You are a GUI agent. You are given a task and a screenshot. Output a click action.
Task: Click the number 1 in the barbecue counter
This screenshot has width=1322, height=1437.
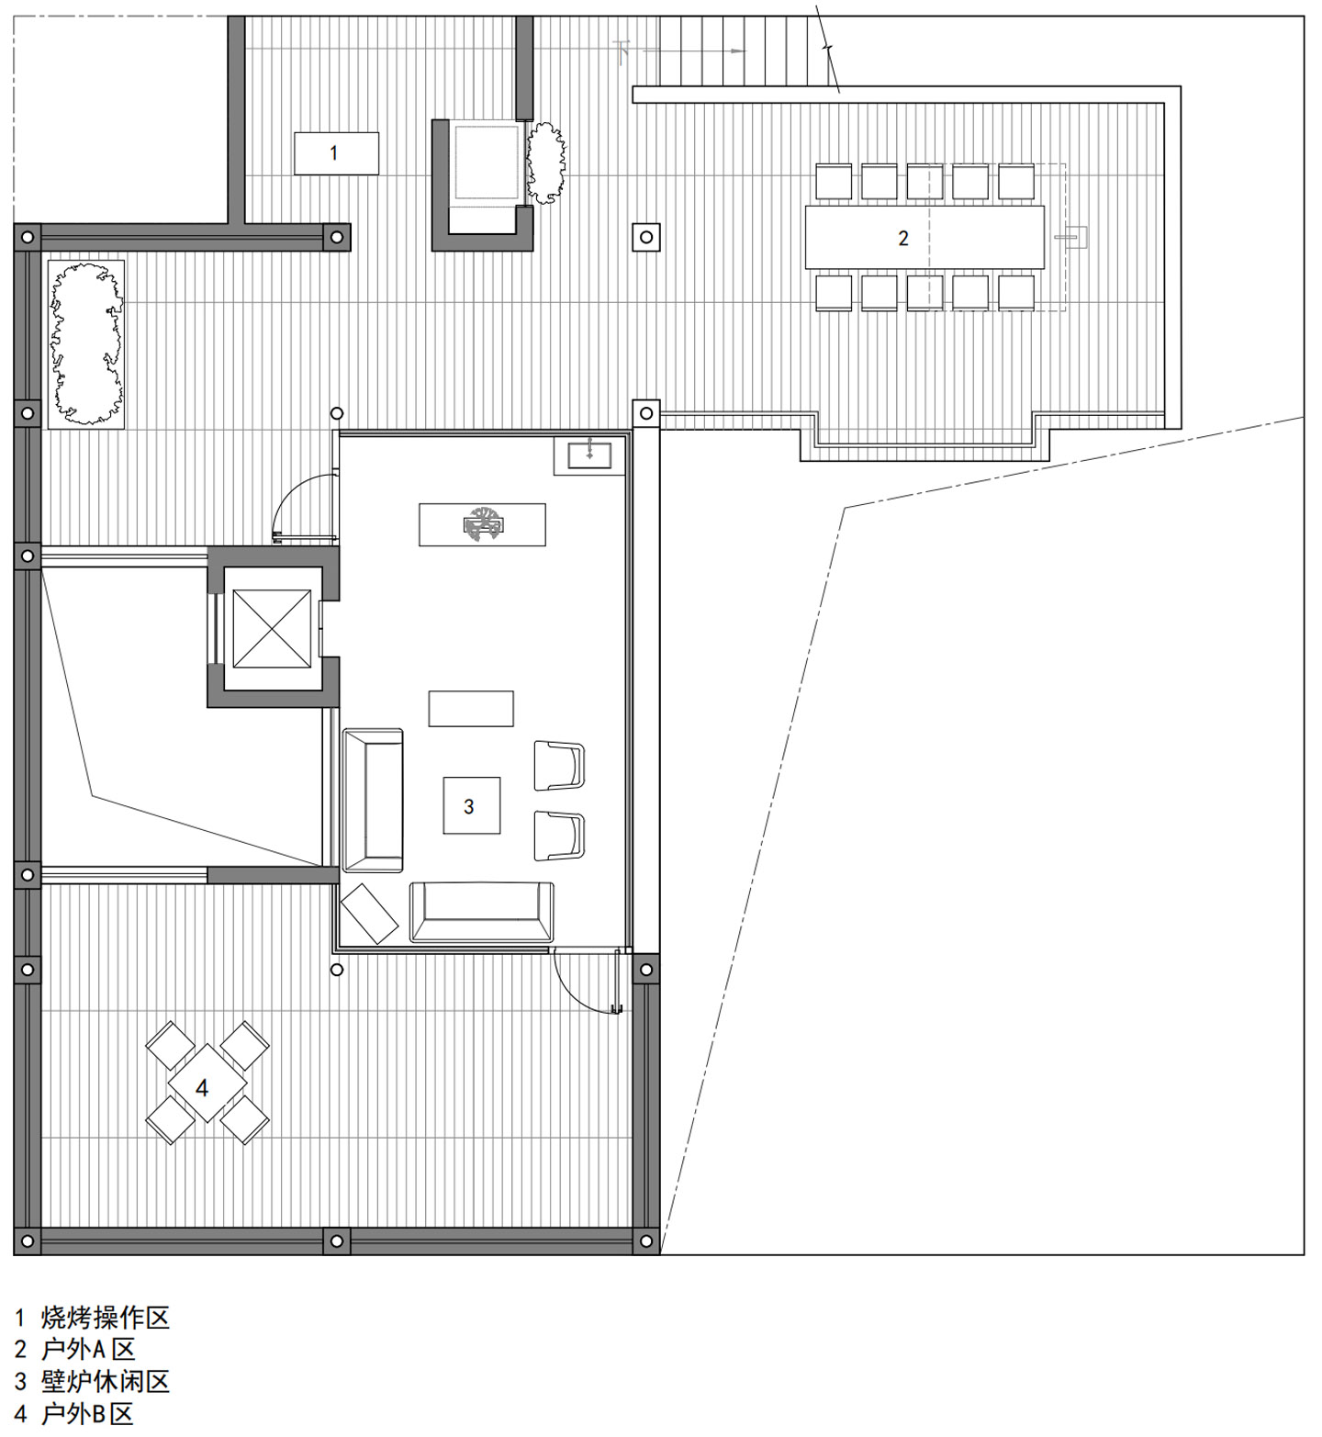point(333,153)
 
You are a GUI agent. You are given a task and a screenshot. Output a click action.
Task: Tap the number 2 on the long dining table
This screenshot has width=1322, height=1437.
point(903,239)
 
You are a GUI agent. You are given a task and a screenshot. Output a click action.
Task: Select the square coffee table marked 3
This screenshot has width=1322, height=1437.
point(472,805)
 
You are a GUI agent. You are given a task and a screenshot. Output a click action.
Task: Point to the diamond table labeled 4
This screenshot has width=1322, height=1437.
point(207,1083)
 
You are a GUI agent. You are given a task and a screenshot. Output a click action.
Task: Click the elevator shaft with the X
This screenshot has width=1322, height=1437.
point(272,629)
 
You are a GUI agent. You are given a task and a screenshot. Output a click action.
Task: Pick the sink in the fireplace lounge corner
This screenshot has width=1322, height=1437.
point(589,454)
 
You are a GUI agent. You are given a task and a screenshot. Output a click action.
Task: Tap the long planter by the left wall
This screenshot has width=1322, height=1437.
point(85,344)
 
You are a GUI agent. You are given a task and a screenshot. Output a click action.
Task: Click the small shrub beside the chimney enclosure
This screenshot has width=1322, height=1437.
point(546,163)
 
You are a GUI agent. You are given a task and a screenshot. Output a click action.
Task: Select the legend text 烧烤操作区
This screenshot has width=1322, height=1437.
point(106,1318)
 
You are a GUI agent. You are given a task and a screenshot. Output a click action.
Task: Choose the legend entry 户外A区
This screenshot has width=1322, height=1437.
point(88,1349)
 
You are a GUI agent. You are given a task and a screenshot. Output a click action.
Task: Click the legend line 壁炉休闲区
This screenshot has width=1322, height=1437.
point(106,1381)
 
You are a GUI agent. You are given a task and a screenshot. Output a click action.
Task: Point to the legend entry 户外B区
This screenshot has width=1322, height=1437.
point(88,1413)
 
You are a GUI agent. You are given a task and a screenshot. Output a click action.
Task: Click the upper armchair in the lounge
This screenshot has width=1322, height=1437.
point(559,765)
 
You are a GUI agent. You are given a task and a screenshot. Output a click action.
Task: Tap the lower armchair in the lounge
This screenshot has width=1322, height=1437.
point(559,836)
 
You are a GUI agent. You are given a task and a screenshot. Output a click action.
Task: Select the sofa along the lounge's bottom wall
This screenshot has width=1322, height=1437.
point(482,913)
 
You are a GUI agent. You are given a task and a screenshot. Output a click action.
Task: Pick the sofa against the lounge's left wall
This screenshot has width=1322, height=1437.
point(373,800)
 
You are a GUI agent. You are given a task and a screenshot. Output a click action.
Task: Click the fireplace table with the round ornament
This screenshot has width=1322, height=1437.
point(483,524)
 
